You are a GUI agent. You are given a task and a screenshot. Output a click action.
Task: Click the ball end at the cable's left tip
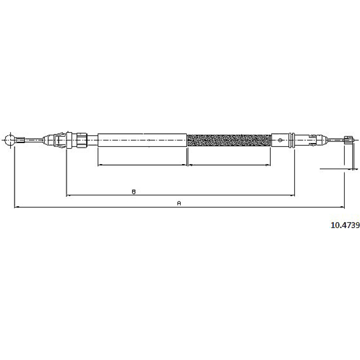pyautogui.click(x=10, y=140)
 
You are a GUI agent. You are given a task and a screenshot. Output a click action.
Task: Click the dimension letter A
pyautogui.click(x=179, y=203)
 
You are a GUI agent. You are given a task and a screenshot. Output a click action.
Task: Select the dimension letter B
pyautogui.click(x=134, y=192)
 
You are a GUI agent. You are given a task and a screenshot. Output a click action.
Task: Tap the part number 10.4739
pyautogui.click(x=345, y=225)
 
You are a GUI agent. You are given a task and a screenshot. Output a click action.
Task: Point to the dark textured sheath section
pyautogui.click(x=229, y=140)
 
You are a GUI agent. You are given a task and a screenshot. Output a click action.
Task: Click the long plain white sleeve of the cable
pyautogui.click(x=142, y=140)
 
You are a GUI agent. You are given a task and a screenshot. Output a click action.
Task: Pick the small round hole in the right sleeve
pyautogui.click(x=280, y=140)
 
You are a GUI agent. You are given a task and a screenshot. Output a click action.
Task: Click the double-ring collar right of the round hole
pyautogui.click(x=292, y=140)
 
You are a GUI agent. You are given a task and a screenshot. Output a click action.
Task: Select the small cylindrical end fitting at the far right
pyautogui.click(x=347, y=140)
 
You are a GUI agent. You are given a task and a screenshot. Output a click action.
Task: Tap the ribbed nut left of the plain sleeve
pyautogui.click(x=82, y=140)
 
